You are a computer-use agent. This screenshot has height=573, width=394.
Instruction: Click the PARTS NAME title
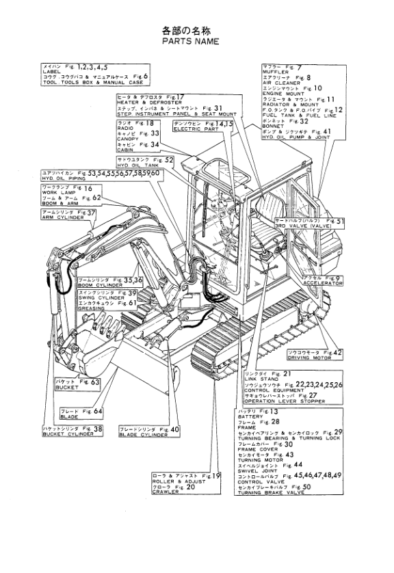[191, 42]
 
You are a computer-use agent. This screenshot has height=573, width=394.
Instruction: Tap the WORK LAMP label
[57, 193]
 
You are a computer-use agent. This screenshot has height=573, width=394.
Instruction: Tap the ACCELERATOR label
[322, 280]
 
